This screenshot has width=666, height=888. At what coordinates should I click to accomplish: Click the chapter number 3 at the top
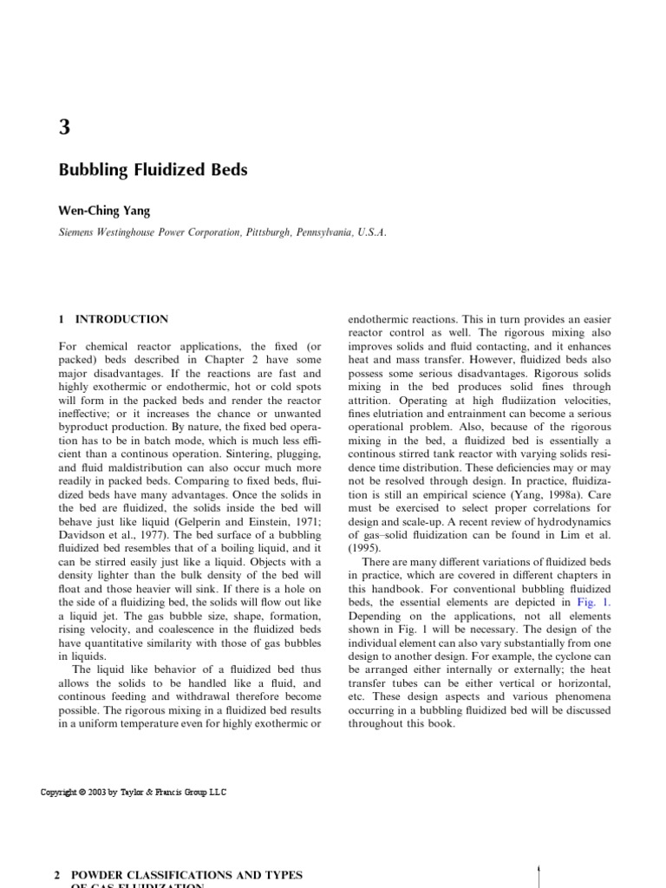65,127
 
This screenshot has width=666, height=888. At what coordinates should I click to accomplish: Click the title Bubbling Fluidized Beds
153,170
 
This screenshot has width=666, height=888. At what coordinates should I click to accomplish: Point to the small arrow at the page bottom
539,872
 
